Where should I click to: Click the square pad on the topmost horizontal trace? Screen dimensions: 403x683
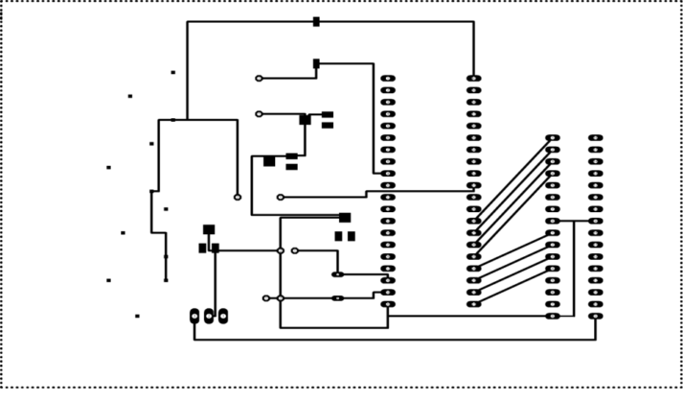[316, 21]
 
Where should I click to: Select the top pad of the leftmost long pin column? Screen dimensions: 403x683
[388, 79]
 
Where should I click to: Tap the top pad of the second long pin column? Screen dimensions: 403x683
[474, 79]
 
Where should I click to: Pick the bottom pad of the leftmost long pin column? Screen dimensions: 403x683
[388, 304]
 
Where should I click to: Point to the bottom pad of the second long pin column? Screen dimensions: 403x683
[474, 304]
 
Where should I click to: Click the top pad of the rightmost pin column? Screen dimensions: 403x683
[596, 138]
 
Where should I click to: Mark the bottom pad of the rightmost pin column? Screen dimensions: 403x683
[596, 316]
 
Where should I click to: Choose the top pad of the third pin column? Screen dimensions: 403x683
[553, 138]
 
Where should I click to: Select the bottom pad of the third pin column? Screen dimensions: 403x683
[553, 316]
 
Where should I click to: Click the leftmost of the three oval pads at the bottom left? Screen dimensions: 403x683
[194, 316]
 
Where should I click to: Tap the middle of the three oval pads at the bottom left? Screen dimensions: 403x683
[209, 316]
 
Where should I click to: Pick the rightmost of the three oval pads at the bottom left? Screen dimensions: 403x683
[223, 316]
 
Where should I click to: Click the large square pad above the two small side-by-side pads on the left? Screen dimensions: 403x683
[209, 229]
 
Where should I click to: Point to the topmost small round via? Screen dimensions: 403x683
[259, 79]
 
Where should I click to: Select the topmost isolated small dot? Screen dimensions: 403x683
[173, 72]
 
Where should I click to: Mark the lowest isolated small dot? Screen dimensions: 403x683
[137, 316]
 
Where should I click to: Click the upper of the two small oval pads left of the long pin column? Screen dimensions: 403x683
[337, 274]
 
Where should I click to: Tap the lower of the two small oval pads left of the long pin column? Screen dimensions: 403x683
[337, 298]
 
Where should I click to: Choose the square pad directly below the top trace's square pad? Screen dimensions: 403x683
[316, 64]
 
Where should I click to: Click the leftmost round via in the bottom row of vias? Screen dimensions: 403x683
[266, 298]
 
